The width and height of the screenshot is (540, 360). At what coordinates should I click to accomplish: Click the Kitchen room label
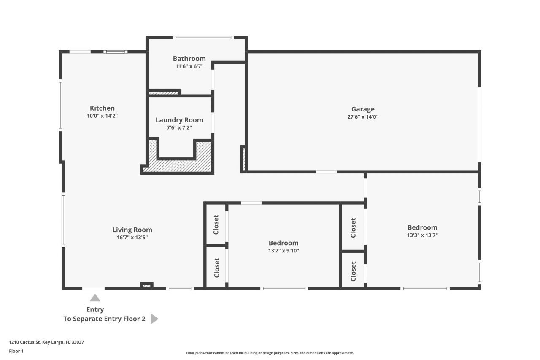point(102,108)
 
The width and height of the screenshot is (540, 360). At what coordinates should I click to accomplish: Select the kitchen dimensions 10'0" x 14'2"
point(102,116)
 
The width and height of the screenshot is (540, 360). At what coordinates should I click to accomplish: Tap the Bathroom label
point(189,59)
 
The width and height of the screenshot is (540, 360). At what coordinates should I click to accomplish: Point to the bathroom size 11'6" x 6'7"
point(189,66)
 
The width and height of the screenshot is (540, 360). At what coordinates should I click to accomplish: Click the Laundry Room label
point(179,120)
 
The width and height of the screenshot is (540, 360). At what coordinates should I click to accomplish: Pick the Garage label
point(363,109)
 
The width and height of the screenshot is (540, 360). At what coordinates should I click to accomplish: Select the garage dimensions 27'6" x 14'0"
point(363,117)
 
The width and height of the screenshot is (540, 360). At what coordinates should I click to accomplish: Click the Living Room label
point(132,230)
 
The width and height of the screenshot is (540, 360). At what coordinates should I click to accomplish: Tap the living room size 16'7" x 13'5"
point(132,238)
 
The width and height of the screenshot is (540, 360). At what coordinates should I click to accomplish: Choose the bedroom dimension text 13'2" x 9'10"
point(283,251)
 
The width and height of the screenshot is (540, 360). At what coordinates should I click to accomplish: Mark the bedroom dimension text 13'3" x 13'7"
point(422,235)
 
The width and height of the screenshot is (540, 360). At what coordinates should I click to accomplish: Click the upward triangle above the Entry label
point(95,298)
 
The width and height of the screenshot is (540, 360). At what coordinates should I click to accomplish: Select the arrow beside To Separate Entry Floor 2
point(154,319)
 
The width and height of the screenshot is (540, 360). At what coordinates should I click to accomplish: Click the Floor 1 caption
point(16,351)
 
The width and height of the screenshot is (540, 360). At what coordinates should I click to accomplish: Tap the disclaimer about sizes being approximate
point(270,353)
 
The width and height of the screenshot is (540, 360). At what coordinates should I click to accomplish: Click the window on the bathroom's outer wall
point(204,38)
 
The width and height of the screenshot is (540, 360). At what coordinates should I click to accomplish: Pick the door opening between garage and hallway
point(326,172)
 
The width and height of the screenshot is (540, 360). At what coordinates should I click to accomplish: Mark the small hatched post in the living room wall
point(146,286)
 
